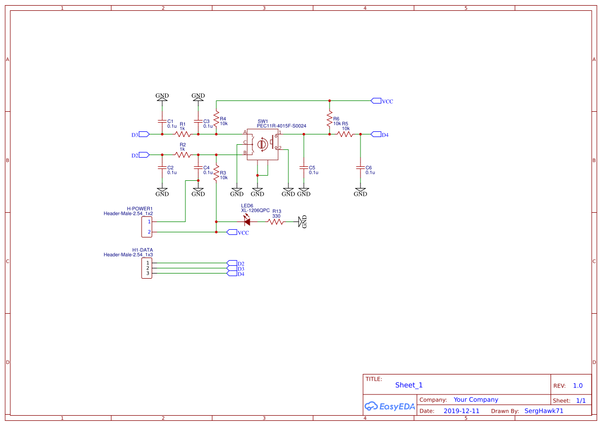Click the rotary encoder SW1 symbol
click(263, 145)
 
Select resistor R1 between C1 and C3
click(183, 134)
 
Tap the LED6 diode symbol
click(247, 221)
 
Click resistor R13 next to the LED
click(276, 221)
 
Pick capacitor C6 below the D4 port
click(360, 168)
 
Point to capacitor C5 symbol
click(304, 168)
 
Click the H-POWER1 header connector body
click(147, 227)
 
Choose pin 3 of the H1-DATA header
click(147, 273)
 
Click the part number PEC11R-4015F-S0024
click(281, 126)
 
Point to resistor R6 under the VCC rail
click(330, 120)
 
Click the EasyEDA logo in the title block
click(389, 406)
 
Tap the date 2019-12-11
click(461, 411)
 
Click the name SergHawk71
click(543, 411)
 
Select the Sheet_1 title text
click(408, 385)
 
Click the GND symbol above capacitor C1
click(162, 97)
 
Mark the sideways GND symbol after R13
click(302, 221)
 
